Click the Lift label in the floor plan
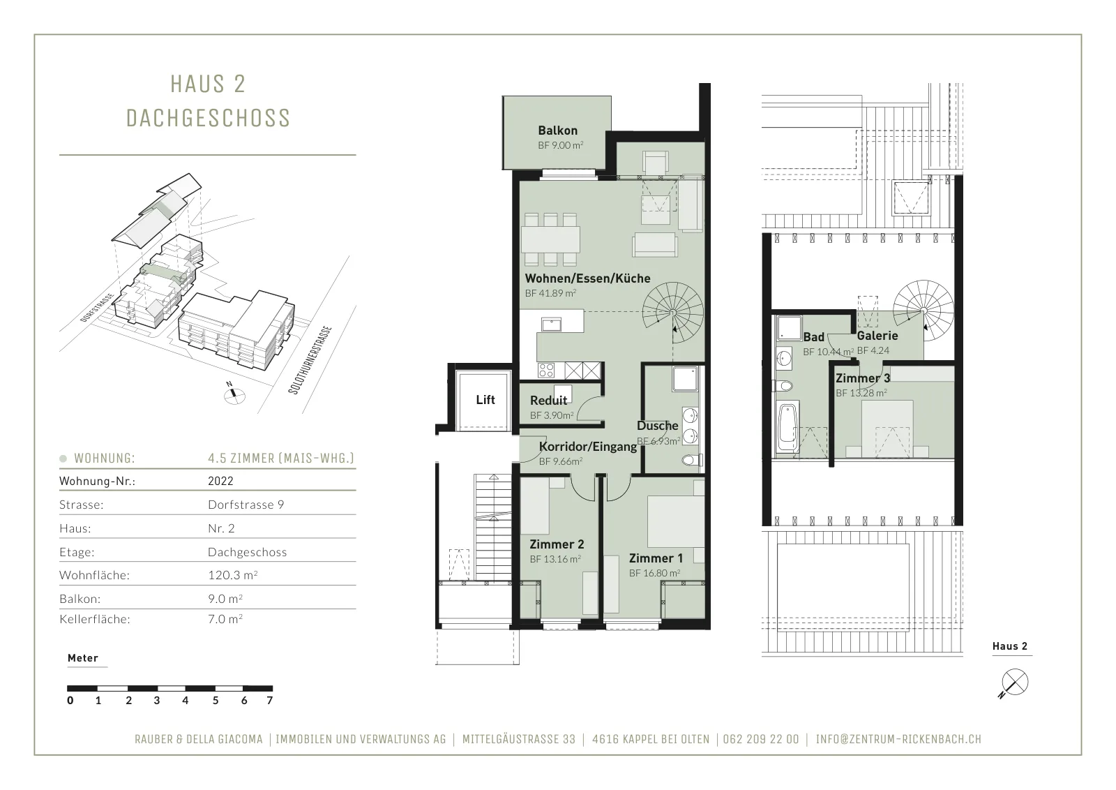click(485, 400)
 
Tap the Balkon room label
click(557, 131)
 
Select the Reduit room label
click(548, 400)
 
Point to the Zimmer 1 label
click(656, 558)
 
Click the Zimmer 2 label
click(557, 544)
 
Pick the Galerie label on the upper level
click(877, 336)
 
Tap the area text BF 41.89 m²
click(550, 293)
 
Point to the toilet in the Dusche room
click(692, 460)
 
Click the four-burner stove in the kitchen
click(546, 371)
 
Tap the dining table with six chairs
click(550, 239)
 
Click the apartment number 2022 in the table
click(220, 481)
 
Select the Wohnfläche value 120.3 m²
click(233, 575)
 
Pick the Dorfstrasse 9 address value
click(246, 505)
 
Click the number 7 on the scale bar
click(269, 701)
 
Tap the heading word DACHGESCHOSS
click(209, 118)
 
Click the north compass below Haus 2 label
click(1013, 685)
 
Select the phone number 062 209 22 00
click(761, 739)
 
